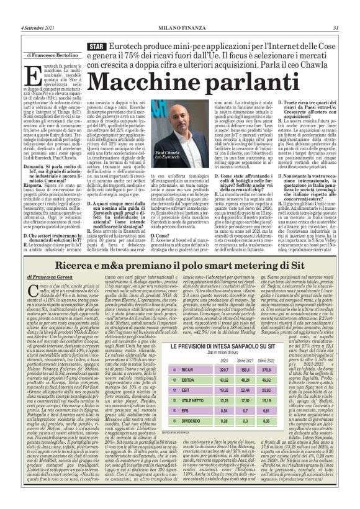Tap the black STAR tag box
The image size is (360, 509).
click(97, 47)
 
